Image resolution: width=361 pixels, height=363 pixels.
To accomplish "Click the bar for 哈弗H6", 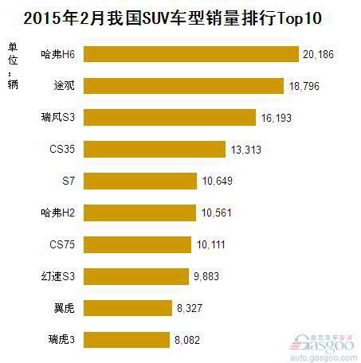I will click(190, 54).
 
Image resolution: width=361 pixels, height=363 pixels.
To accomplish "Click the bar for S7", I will click(139, 181).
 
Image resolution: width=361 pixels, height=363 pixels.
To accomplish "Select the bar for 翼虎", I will click(128, 307).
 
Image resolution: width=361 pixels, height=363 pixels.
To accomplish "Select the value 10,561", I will click(215, 213).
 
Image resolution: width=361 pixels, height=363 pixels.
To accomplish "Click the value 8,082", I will click(191, 339).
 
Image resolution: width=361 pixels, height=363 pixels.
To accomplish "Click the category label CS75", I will click(62, 244).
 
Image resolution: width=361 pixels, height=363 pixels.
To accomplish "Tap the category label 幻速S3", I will click(60, 276).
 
